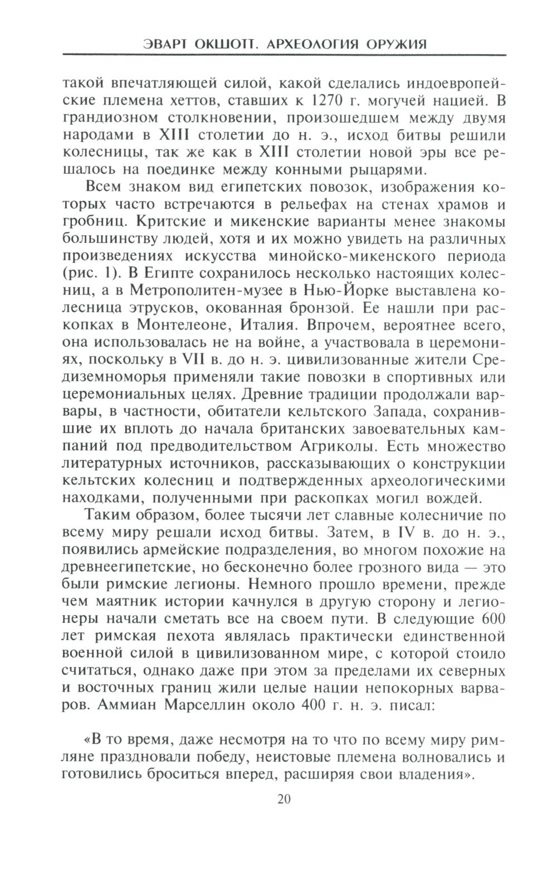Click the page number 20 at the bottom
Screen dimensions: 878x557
[x=283, y=799]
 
